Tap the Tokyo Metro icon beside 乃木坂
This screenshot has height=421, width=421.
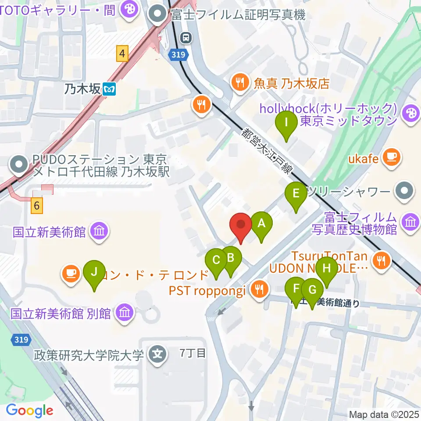point(109,90)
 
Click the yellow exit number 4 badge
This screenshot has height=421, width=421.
point(122,54)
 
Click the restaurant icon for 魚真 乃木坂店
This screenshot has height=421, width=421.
point(240,82)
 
